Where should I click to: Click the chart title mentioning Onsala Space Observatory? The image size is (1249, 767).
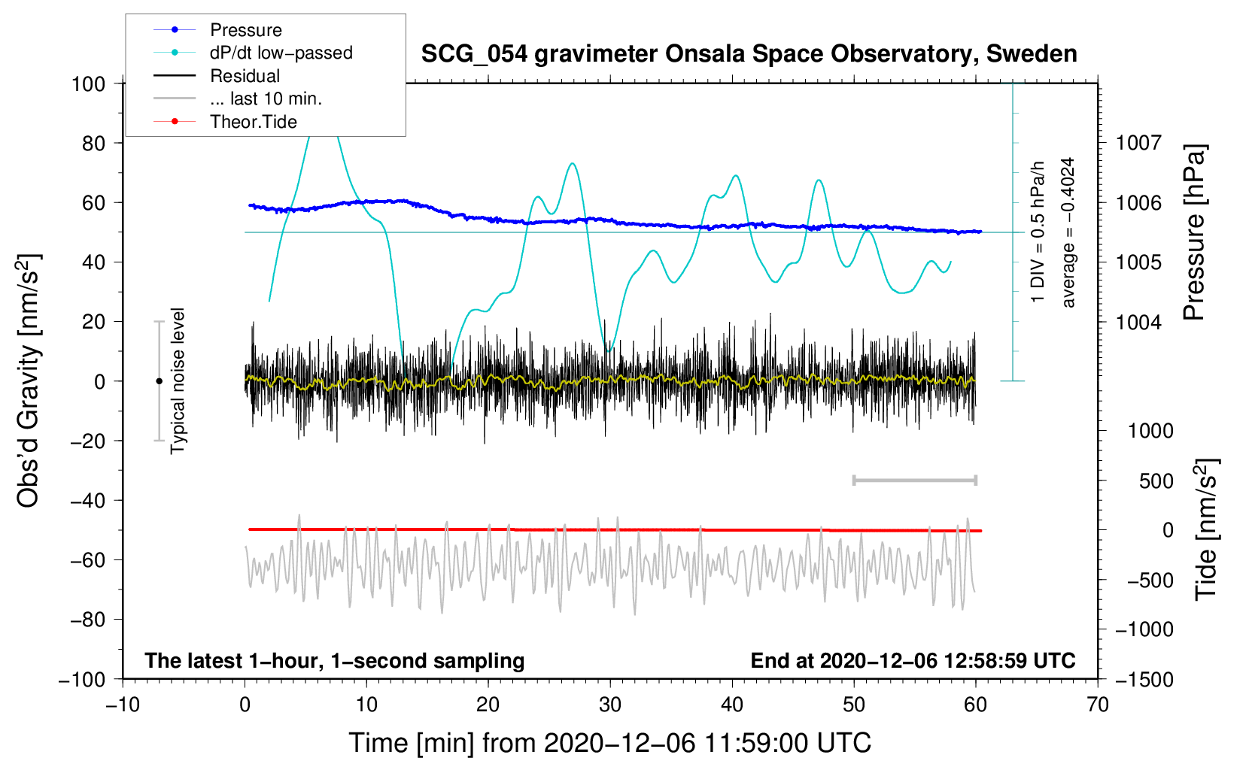click(x=749, y=54)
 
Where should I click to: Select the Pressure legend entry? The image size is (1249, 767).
click(x=218, y=29)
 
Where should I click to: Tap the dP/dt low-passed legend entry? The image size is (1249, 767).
click(x=253, y=53)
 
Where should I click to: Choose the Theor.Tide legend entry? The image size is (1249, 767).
click(x=225, y=122)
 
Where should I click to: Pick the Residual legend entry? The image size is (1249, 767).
click(x=217, y=75)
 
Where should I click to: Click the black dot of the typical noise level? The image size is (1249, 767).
click(x=159, y=381)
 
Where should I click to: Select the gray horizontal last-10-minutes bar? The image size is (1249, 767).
click(x=914, y=481)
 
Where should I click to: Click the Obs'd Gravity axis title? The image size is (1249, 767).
click(x=28, y=380)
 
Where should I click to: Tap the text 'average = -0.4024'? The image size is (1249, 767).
click(x=1068, y=232)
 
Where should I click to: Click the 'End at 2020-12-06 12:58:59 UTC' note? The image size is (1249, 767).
click(x=913, y=660)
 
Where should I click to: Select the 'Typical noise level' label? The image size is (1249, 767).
click(x=178, y=381)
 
